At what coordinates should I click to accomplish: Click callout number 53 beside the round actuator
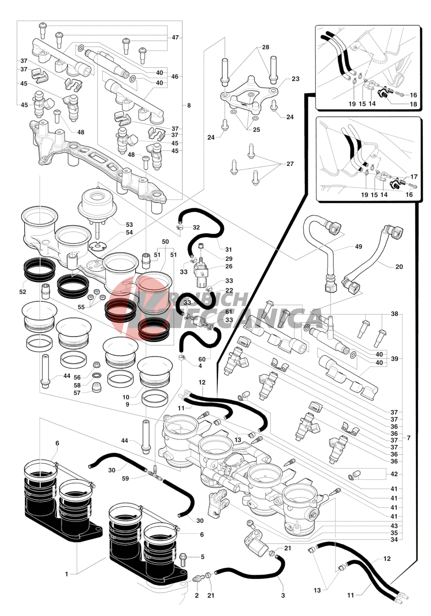point(129,224)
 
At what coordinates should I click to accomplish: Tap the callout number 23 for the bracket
point(295,79)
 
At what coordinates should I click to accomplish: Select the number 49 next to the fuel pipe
point(358,247)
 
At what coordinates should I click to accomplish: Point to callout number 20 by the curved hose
point(399,266)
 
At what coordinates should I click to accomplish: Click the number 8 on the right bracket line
point(189,105)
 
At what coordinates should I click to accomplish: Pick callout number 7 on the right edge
point(408,438)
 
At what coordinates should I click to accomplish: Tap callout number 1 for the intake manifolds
point(67,574)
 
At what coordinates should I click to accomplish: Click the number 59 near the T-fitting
point(125,478)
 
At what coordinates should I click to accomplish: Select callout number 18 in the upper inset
point(413,104)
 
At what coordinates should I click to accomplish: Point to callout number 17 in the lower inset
point(414,176)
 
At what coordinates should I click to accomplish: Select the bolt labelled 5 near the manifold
point(183,557)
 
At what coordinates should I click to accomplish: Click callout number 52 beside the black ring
point(23,291)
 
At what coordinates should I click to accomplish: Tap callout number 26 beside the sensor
point(229,266)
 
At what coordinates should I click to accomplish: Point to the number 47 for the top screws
point(175,37)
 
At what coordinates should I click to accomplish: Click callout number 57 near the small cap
point(77,393)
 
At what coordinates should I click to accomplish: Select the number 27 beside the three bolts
point(290,164)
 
